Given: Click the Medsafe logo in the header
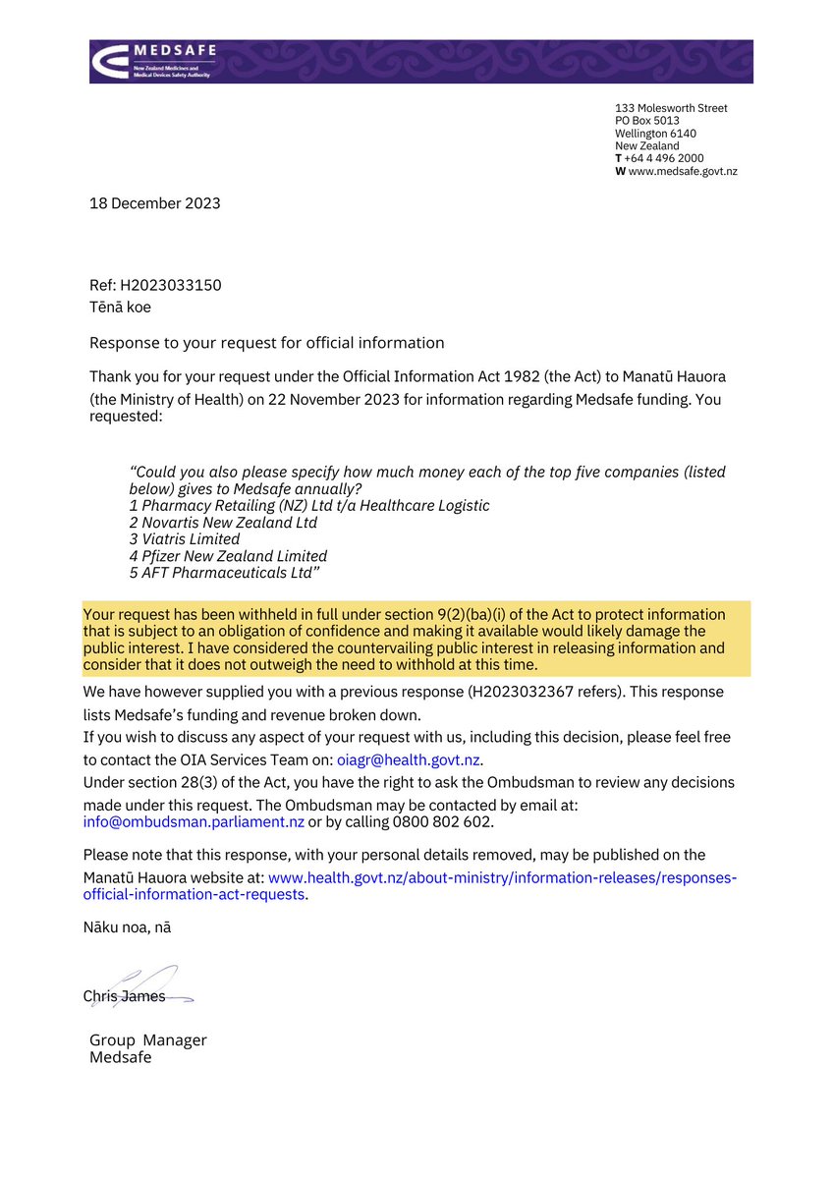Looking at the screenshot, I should (x=154, y=61).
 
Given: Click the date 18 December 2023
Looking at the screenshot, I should (x=155, y=203).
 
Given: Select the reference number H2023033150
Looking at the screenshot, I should (x=171, y=285).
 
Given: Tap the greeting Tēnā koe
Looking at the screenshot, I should (x=121, y=306).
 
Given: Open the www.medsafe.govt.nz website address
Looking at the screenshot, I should (x=683, y=171).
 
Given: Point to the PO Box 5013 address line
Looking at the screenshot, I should (x=646, y=121).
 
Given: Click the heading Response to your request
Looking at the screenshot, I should (x=266, y=343).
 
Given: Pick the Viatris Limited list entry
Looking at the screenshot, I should (x=185, y=538).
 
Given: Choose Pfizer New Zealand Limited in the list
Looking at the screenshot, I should (x=228, y=555).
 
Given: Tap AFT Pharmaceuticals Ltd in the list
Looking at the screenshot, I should (x=226, y=572).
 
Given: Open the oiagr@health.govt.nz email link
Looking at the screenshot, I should (x=410, y=759).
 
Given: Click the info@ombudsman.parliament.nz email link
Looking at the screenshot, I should (x=194, y=821).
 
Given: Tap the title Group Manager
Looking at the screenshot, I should (x=148, y=1040).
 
